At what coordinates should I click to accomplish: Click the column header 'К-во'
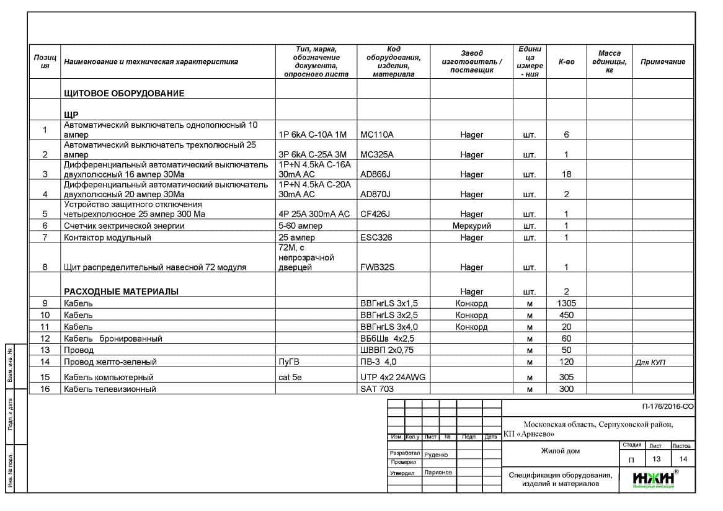(566, 61)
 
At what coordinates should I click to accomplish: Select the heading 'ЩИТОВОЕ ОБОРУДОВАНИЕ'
(124, 93)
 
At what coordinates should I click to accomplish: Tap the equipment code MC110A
(376, 135)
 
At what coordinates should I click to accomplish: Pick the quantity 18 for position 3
(566, 174)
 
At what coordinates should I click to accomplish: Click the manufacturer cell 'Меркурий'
(471, 226)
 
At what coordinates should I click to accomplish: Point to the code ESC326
(376, 238)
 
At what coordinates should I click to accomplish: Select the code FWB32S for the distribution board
(377, 267)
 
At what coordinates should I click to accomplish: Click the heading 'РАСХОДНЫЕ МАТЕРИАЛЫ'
(121, 291)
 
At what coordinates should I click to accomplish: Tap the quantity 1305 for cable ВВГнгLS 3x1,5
(566, 303)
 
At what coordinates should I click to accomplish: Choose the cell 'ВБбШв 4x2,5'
(387, 339)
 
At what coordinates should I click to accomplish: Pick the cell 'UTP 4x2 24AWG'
(393, 377)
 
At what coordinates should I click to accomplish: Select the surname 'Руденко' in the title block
(436, 455)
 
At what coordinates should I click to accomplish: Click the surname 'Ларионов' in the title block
(438, 472)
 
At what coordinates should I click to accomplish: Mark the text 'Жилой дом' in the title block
(560, 451)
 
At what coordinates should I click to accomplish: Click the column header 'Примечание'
(662, 61)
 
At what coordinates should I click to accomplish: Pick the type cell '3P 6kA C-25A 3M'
(313, 154)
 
